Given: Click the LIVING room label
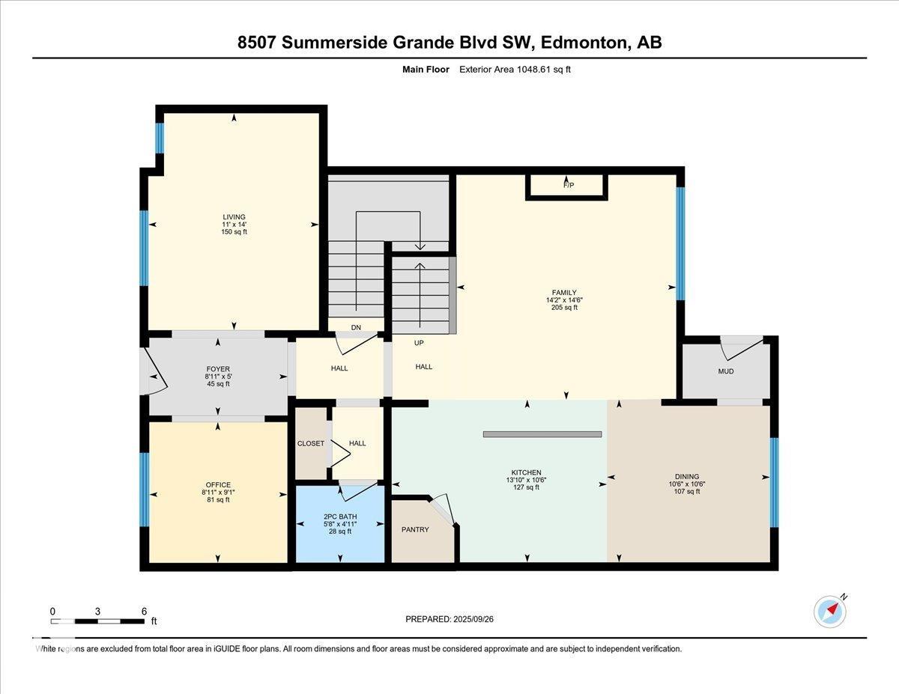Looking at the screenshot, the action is pyautogui.click(x=234, y=216).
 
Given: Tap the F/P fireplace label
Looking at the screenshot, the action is pyautogui.click(x=569, y=185).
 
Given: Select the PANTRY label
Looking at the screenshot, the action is pyautogui.click(x=415, y=529).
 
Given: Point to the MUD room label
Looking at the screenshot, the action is pyautogui.click(x=726, y=371).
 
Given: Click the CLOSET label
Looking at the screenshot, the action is pyautogui.click(x=311, y=443).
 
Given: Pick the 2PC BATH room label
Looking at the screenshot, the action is pyautogui.click(x=340, y=517).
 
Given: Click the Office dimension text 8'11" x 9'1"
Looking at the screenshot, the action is pyautogui.click(x=218, y=493).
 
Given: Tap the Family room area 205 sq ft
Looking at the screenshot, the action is pyautogui.click(x=564, y=308).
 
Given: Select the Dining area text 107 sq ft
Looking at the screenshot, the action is pyautogui.click(x=687, y=491).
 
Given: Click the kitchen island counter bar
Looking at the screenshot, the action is pyautogui.click(x=542, y=434).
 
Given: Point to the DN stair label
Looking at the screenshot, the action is pyautogui.click(x=356, y=327).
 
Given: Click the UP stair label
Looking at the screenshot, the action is pyautogui.click(x=419, y=343).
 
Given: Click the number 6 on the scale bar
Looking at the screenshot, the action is pyautogui.click(x=144, y=612).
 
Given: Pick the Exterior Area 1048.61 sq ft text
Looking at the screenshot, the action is pyautogui.click(x=515, y=70).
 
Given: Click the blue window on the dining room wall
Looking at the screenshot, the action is pyautogui.click(x=774, y=482).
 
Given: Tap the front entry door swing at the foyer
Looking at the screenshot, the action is pyautogui.click(x=154, y=371).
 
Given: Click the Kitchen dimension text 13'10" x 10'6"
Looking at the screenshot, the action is pyautogui.click(x=526, y=480).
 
